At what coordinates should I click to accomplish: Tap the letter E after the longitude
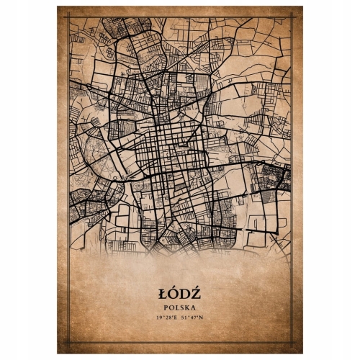[x=176, y=317]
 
